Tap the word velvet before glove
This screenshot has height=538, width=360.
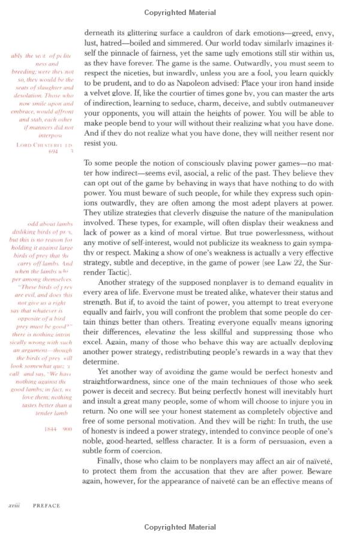[98, 94]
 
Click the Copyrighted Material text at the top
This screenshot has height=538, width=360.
[180, 12]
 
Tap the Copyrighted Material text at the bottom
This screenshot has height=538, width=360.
[180, 527]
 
